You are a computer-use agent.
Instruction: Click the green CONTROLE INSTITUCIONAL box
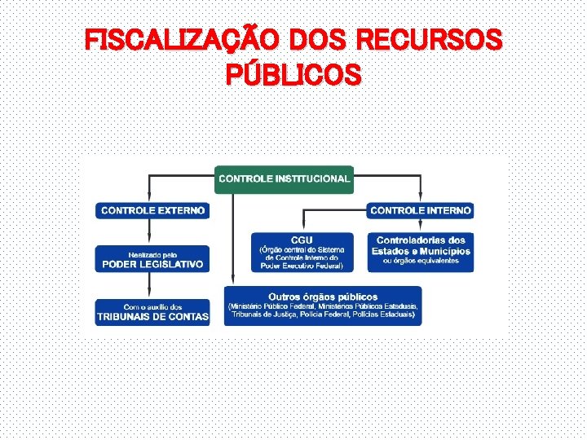(x=284, y=178)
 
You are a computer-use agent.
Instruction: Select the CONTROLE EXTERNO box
(x=152, y=210)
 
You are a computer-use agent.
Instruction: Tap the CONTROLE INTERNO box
(x=420, y=210)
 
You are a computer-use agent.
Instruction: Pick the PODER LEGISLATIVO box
(x=152, y=259)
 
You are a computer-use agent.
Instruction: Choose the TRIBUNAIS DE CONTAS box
(x=152, y=313)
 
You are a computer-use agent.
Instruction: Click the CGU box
(x=302, y=252)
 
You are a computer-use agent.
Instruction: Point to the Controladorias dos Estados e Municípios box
(x=421, y=249)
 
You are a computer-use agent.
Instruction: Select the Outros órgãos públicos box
(x=323, y=306)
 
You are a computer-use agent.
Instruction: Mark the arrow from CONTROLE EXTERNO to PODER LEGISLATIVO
(x=152, y=232)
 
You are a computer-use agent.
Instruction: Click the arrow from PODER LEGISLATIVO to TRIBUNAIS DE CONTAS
(x=152, y=286)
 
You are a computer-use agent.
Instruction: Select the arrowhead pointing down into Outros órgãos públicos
(x=233, y=279)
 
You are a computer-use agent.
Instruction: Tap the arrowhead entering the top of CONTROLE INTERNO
(x=420, y=197)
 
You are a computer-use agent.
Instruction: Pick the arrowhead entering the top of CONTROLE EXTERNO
(x=149, y=197)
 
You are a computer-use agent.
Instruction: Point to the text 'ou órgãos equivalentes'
(x=421, y=261)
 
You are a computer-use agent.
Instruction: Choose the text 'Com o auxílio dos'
(x=152, y=306)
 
